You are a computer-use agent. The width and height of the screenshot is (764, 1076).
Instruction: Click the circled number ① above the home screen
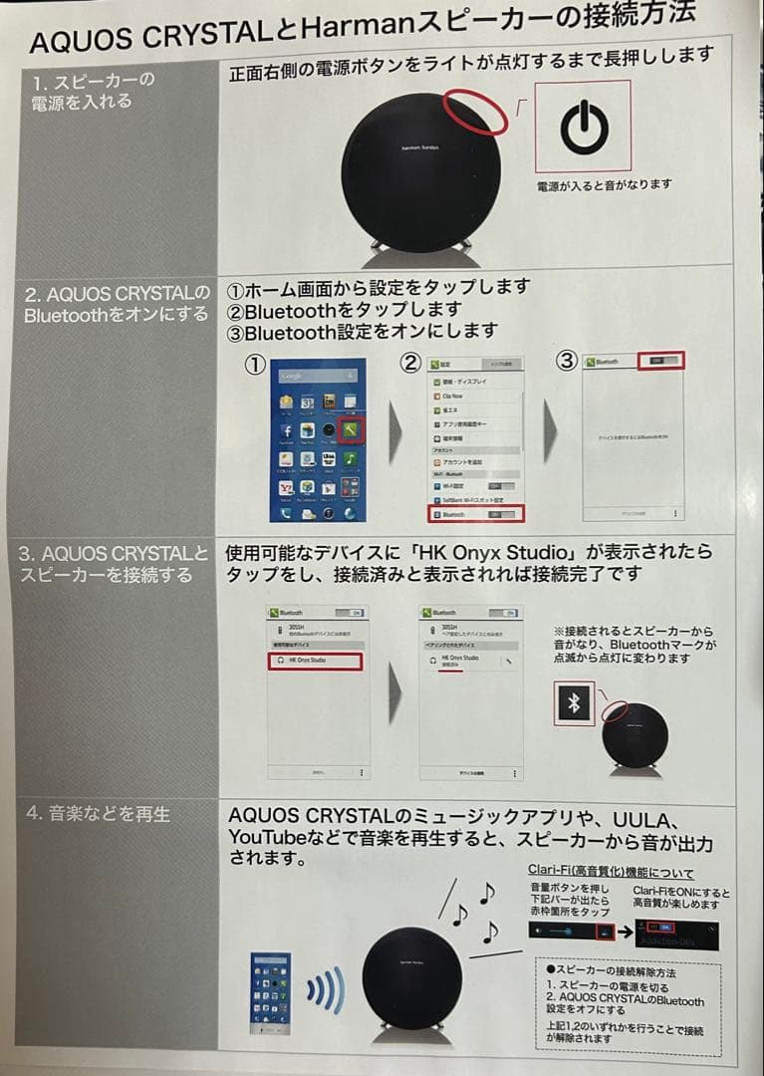[x=255, y=364]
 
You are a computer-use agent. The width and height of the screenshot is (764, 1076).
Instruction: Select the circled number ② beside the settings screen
[x=409, y=363]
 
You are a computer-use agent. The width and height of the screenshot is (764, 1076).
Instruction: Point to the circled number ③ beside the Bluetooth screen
[x=566, y=361]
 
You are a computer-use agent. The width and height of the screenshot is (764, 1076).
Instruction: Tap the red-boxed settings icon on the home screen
[x=352, y=430]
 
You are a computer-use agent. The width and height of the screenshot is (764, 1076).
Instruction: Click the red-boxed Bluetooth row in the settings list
[x=475, y=514]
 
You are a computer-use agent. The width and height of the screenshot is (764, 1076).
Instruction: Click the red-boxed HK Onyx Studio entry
[x=315, y=661]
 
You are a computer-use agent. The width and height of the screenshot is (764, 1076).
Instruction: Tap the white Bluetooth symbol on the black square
[x=573, y=703]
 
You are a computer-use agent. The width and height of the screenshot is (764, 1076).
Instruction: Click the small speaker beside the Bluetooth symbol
[x=634, y=735]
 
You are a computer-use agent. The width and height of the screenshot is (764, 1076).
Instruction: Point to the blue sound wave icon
[x=325, y=989]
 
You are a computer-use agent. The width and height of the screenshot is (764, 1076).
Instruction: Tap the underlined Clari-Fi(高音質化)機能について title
[x=611, y=872]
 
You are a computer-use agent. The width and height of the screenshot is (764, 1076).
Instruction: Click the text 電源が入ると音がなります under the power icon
[x=605, y=184]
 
